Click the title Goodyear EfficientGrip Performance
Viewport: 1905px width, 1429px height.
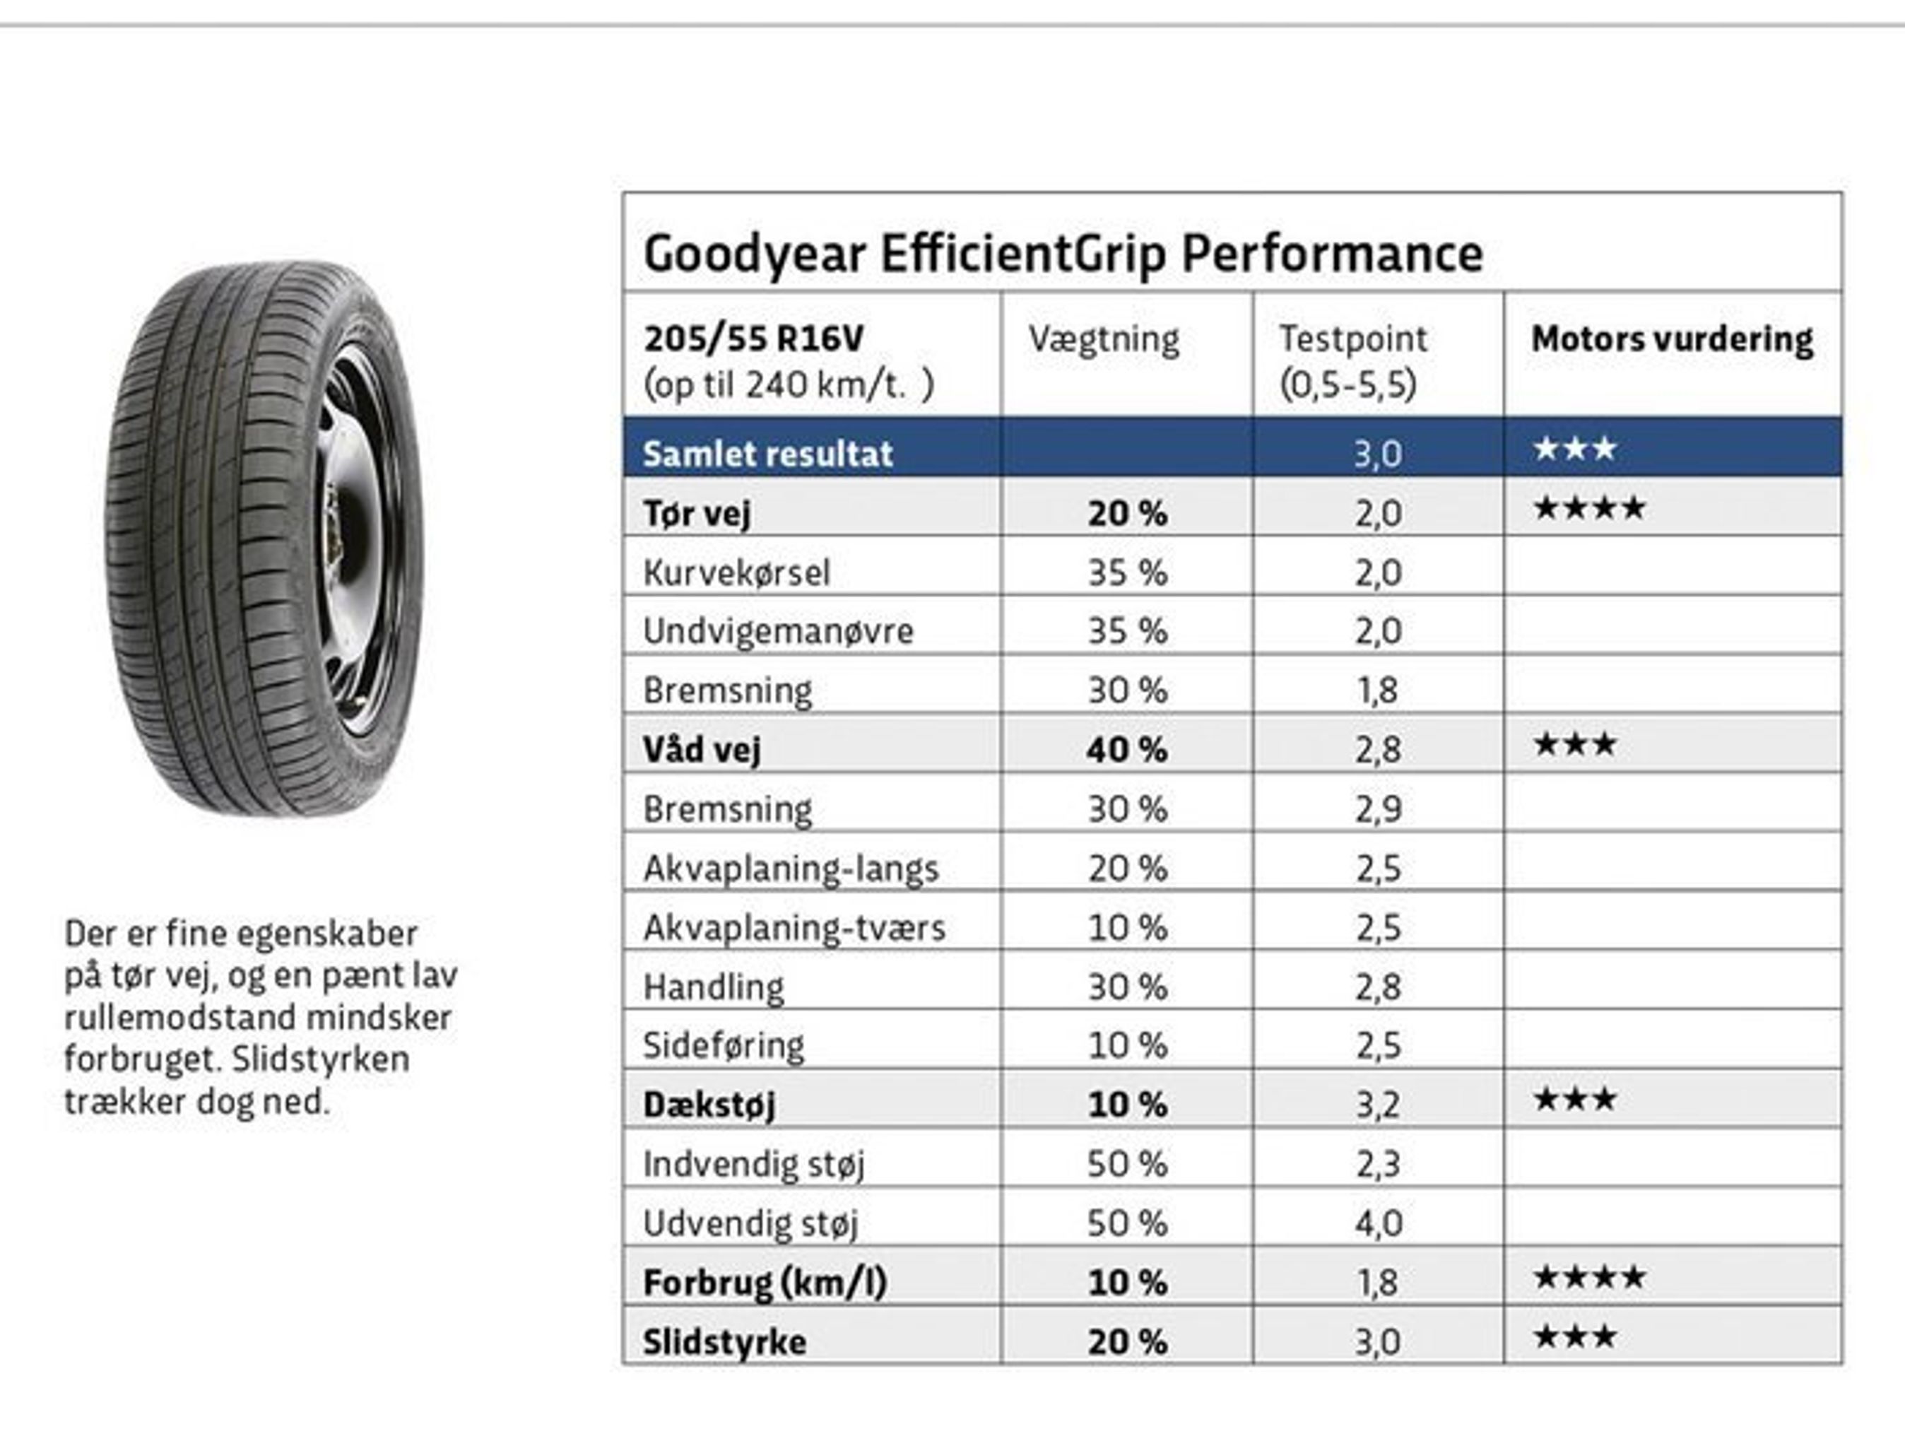1063,254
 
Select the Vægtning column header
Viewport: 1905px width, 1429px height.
1103,339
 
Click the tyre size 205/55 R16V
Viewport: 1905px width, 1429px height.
753,339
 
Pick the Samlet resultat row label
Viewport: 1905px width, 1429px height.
767,453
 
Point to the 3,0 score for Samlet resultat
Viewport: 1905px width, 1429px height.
1378,453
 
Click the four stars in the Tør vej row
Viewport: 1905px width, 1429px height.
1589,508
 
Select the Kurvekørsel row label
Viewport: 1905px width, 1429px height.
736,572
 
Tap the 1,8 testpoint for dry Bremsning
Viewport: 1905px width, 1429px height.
1378,690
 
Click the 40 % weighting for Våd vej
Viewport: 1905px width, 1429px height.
1126,749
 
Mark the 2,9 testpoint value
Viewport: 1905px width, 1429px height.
1378,808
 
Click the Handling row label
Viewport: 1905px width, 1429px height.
713,987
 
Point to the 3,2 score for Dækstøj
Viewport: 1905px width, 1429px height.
1378,1105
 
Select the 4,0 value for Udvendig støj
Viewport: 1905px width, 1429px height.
1378,1223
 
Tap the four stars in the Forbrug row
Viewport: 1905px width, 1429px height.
1589,1276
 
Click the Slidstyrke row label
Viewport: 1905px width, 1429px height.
724,1341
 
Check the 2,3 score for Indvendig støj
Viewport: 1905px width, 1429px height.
1378,1164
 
